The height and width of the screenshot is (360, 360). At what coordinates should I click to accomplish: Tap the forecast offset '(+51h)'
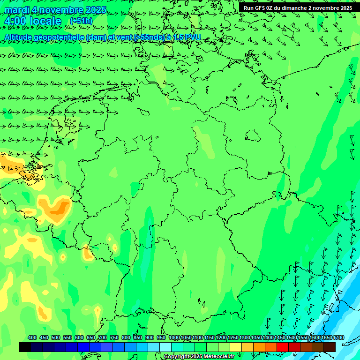[x=81, y=21]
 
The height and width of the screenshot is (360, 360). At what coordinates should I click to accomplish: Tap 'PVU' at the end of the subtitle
[x=193, y=37]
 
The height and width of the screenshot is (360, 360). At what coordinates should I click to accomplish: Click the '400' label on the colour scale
[x=32, y=338]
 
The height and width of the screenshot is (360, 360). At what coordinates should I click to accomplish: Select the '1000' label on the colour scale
[x=174, y=338]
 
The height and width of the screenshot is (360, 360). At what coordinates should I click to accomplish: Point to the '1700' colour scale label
[x=338, y=338]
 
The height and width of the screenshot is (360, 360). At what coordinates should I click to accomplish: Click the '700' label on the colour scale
[x=103, y=338]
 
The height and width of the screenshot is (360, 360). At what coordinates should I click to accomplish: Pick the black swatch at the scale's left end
[x=24, y=347]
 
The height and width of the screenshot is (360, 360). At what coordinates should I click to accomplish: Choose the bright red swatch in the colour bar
[x=282, y=347]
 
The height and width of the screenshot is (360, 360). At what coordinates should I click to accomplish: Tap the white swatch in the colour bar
[x=165, y=347]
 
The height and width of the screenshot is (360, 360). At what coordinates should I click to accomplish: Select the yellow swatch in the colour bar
[x=235, y=347]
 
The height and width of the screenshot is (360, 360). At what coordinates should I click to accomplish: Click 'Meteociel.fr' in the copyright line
[x=218, y=357]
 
